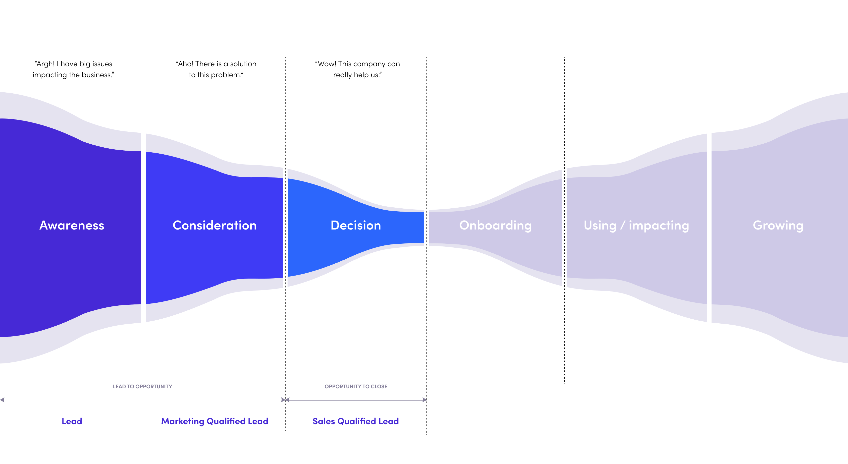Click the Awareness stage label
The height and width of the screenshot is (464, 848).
point(72,225)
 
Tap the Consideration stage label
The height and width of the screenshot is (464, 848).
point(215,225)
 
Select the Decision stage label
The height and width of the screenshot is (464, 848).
point(356,225)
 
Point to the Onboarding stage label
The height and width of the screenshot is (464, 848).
point(495,225)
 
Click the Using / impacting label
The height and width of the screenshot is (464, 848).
point(636,225)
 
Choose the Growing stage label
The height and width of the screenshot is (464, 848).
point(778,225)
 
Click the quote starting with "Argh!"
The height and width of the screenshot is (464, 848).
point(73,69)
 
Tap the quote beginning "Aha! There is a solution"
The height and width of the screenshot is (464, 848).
point(216,69)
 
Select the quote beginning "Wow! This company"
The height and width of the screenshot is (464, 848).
point(358,69)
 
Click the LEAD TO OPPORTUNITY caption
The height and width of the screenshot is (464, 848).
point(143,386)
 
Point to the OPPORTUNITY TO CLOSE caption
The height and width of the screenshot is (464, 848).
point(356,386)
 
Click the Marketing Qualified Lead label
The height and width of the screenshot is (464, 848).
point(215,421)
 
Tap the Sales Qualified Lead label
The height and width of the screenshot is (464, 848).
point(356,421)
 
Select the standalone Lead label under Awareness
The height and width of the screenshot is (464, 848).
point(72,421)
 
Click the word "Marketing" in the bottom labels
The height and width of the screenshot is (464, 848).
point(183,421)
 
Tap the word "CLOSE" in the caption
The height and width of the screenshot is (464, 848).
point(379,386)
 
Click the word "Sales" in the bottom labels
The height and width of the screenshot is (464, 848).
point(323,421)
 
